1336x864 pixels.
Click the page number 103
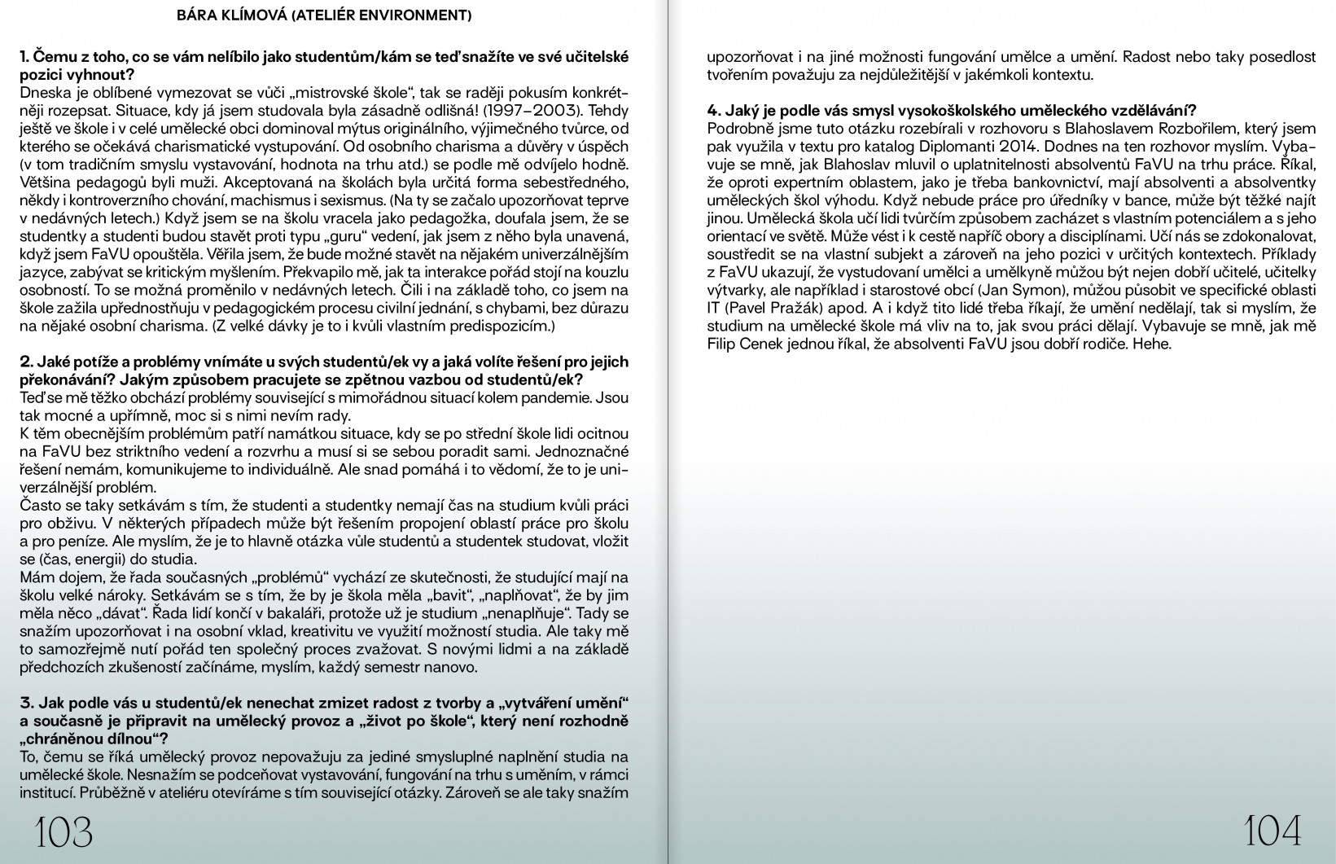63,831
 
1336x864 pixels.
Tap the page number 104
1272,831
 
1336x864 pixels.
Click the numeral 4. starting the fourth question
714,111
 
